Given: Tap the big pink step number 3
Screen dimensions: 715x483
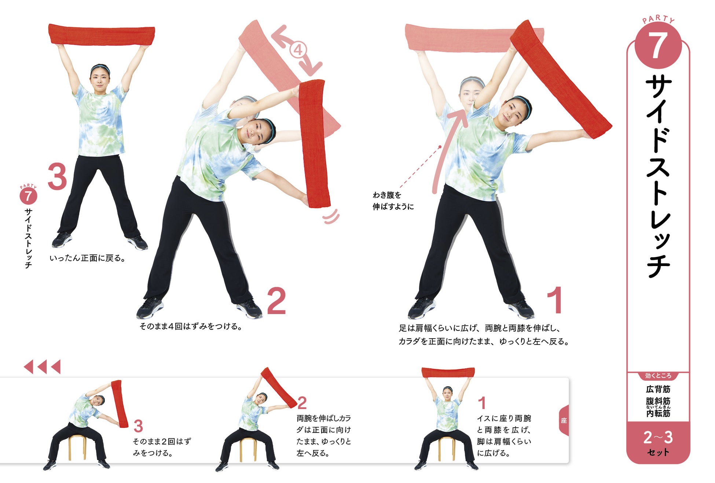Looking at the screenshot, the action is [58, 177].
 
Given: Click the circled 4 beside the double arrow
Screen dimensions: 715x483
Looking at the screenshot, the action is [298, 49].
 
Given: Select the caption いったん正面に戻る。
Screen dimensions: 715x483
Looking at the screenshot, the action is [88, 258].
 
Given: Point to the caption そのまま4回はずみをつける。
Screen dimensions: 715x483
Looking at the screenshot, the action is [191, 326].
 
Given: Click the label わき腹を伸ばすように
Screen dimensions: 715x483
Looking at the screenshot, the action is [393, 201].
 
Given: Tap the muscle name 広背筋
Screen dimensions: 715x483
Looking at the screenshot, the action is [658, 389].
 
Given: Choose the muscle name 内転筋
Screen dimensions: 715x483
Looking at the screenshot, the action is [658, 413].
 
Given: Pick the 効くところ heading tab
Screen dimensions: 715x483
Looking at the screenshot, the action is [658, 376].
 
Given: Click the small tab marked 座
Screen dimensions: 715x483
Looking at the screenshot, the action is [564, 420].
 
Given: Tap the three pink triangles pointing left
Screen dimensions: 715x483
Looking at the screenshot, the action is [42, 366].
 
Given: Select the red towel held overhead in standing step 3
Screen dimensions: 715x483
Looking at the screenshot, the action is [102, 35].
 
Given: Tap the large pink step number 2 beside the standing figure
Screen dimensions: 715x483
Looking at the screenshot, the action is [276, 301].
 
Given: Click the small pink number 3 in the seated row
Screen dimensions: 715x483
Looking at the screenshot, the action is [138, 426].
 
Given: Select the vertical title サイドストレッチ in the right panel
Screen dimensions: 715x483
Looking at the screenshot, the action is [658, 176].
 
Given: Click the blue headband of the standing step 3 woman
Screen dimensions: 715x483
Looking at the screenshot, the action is [100, 67].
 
